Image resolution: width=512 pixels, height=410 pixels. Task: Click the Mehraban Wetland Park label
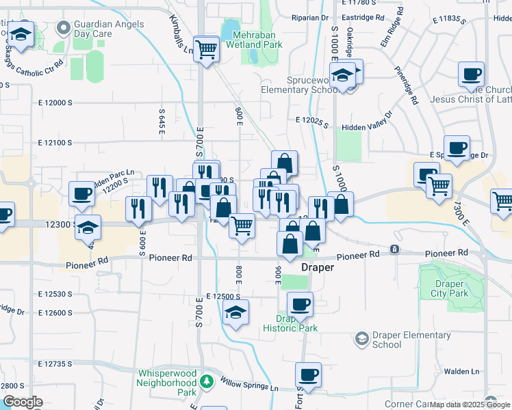257,39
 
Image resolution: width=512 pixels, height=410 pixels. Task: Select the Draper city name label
318,268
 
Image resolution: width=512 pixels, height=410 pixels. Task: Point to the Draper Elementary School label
387,340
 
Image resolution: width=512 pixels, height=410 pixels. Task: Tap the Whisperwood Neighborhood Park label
167,383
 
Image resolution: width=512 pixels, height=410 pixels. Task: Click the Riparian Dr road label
310,17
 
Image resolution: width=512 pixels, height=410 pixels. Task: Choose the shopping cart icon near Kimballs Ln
206,49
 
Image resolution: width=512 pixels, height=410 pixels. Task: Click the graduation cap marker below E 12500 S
235,312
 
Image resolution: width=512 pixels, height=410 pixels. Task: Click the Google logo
23,402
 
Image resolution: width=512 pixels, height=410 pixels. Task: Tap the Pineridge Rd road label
406,85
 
